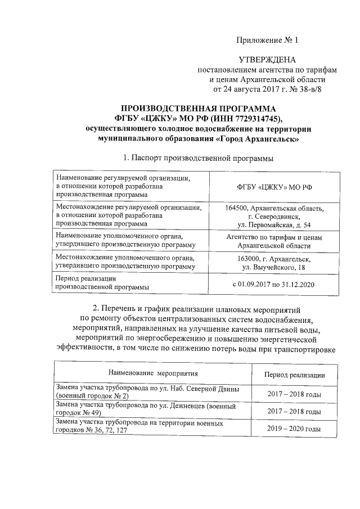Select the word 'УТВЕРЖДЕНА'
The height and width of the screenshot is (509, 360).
pyautogui.click(x=267, y=60)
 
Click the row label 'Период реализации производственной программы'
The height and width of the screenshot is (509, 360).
pyautogui.click(x=102, y=282)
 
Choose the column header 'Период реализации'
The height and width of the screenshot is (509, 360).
pyautogui.click(x=294, y=375)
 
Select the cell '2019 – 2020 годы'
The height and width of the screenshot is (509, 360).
pyautogui.click(x=294, y=429)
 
